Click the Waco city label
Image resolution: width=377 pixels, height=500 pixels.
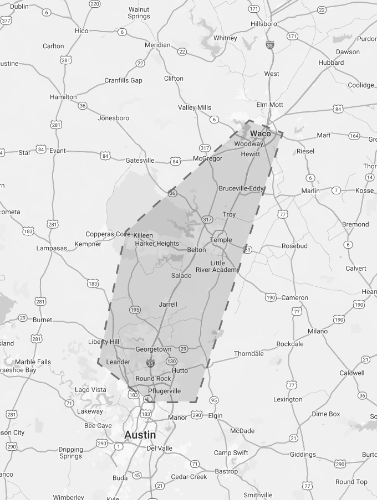[x=261, y=133]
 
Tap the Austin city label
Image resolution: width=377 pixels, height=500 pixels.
[x=140, y=435]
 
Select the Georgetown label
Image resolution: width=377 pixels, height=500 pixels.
[x=154, y=349]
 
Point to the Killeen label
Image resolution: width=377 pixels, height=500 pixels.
[x=142, y=235]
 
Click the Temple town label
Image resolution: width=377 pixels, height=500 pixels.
[x=221, y=240]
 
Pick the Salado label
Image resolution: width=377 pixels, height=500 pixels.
[x=181, y=275]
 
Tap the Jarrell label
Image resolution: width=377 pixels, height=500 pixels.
[x=168, y=304]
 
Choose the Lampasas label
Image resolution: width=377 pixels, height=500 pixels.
[x=52, y=248]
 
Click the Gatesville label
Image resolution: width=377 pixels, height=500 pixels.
[x=140, y=160]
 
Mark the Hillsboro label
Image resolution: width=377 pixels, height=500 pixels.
[x=263, y=24]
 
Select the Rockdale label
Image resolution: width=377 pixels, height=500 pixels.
[x=290, y=343]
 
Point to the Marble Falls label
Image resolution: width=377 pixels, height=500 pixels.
[x=33, y=362]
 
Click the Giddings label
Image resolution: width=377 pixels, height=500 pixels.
[x=303, y=455]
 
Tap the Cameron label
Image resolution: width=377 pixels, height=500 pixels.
[x=294, y=297]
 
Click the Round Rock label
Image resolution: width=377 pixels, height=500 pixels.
[x=153, y=379]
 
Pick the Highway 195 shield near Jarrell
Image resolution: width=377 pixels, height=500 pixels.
[x=135, y=310]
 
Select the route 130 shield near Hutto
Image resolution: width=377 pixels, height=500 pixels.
[x=171, y=361]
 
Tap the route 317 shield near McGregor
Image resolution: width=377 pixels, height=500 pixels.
[x=205, y=148]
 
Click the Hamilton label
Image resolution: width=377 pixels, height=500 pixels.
[x=63, y=97]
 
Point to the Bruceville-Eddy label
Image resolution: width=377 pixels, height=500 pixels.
[x=241, y=188]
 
